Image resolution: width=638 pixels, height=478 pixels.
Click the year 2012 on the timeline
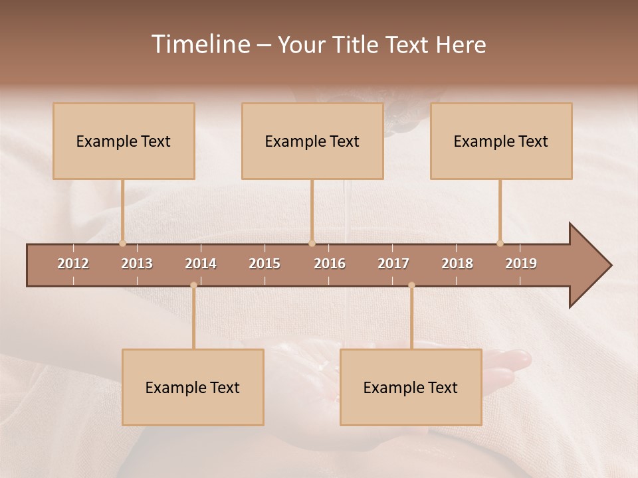click(73, 264)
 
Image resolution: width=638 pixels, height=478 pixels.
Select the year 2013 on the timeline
click(137, 264)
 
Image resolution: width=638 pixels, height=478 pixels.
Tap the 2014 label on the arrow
click(201, 264)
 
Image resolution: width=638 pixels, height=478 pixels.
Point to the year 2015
click(265, 264)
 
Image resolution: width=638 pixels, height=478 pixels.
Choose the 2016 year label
click(330, 264)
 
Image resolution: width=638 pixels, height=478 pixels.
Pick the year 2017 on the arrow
click(393, 264)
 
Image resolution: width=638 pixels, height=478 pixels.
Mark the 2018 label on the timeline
click(457, 264)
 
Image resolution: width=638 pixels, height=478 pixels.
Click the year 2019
click(521, 264)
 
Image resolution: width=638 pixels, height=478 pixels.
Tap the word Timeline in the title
click(200, 44)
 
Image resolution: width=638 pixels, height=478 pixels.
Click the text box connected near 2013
click(124, 141)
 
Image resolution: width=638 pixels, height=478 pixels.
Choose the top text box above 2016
click(312, 141)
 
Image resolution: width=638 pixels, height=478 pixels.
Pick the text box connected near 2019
click(501, 141)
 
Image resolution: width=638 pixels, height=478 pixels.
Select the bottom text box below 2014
click(193, 387)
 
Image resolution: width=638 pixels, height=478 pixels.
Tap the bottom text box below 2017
click(411, 387)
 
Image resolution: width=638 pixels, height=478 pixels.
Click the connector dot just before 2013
click(122, 244)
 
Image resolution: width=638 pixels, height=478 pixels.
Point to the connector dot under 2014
click(193, 285)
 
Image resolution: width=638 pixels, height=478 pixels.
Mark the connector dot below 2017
click(411, 285)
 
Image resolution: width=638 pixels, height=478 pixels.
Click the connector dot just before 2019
click(500, 244)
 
